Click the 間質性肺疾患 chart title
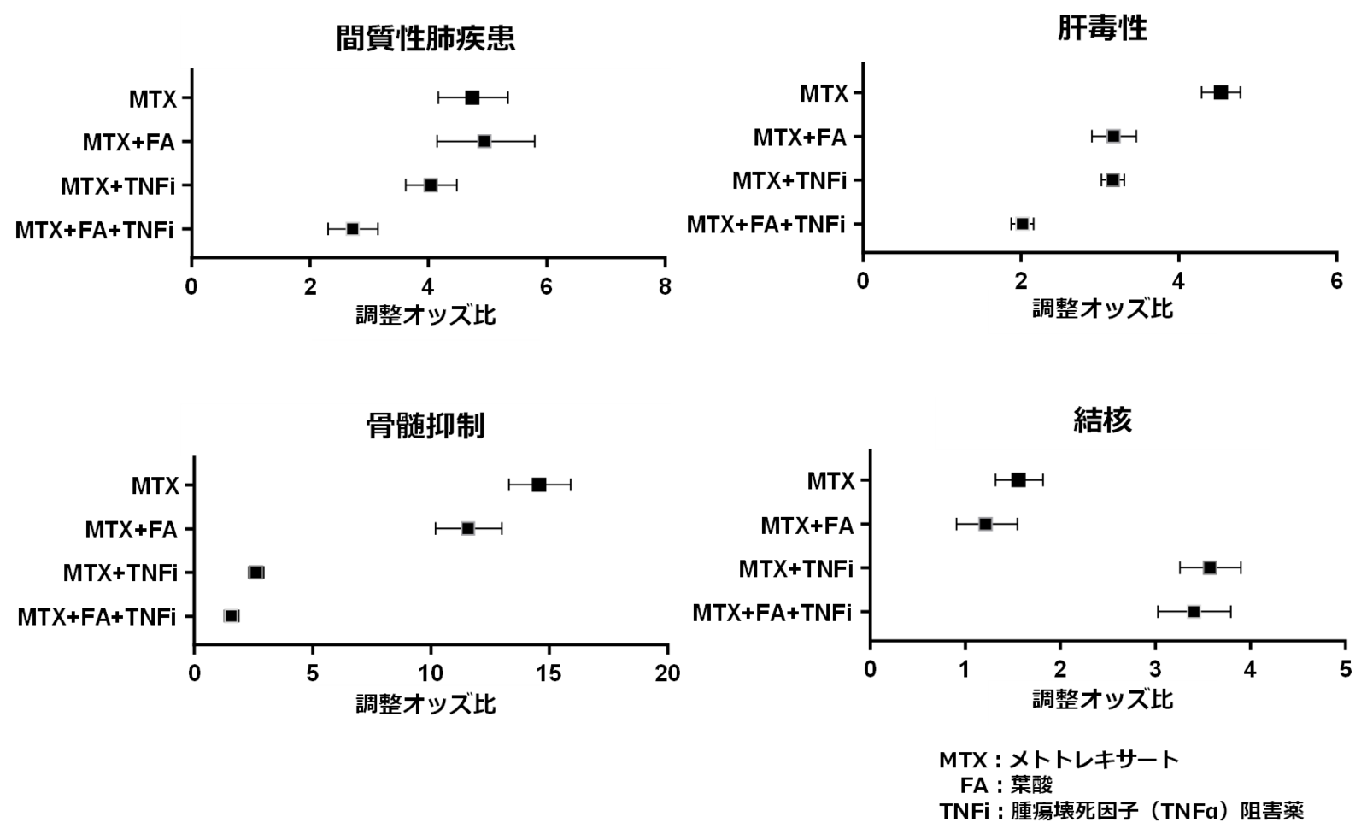pyautogui.click(x=425, y=38)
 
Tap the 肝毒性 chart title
pyautogui.click(x=1101, y=28)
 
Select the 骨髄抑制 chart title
pyautogui.click(x=425, y=426)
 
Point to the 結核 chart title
pyautogui.click(x=1102, y=420)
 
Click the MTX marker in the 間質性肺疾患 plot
pyautogui.click(x=472, y=97)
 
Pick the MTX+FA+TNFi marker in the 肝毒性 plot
pyautogui.click(x=1022, y=224)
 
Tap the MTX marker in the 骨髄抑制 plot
pyautogui.click(x=539, y=485)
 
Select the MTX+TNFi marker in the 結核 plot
pyautogui.click(x=1210, y=568)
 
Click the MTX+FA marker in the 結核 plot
pyautogui.click(x=986, y=524)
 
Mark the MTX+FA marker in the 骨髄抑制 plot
pyautogui.click(x=468, y=529)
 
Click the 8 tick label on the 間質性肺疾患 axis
pyautogui.click(x=666, y=286)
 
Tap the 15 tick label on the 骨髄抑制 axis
pyautogui.click(x=549, y=673)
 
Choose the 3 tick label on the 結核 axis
pyautogui.click(x=1155, y=669)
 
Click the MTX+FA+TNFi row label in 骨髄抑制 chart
pyautogui.click(x=97, y=617)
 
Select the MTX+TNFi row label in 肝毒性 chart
pyautogui.click(x=789, y=180)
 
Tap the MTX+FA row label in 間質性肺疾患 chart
pyautogui.click(x=129, y=142)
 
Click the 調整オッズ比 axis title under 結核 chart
pyautogui.click(x=1102, y=700)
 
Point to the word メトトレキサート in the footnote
pyautogui.click(x=1094, y=760)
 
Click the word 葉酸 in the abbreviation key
pyautogui.click(x=1031, y=785)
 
